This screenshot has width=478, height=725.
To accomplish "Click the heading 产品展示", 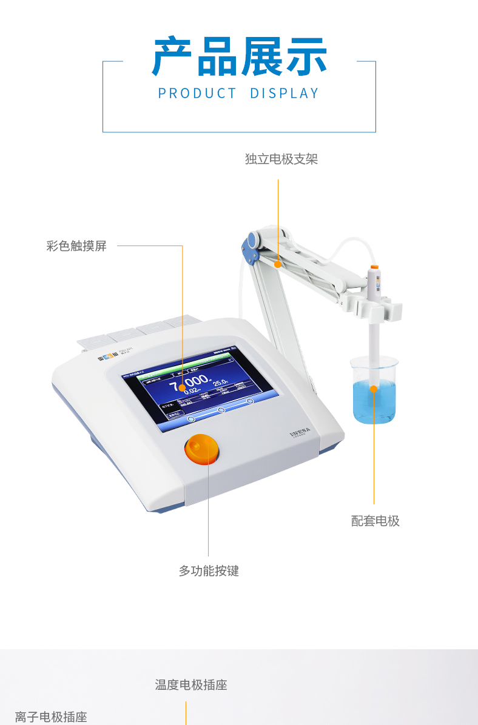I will [x=239, y=57].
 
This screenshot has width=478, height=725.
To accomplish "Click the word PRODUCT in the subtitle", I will [x=197, y=93].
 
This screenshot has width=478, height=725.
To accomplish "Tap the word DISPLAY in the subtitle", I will [x=284, y=93].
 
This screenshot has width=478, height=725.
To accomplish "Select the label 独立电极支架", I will [x=281, y=159].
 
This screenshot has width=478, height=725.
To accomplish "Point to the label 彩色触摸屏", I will [x=76, y=246].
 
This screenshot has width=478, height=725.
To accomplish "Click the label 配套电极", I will [x=375, y=521].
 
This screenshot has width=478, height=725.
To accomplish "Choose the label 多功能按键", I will [x=209, y=571].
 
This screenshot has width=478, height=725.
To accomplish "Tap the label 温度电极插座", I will [x=191, y=685].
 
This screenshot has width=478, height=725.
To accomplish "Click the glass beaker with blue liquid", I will [x=374, y=394].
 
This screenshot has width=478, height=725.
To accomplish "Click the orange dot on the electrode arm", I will [x=278, y=264].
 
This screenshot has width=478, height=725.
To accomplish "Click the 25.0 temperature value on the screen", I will [x=220, y=383].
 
